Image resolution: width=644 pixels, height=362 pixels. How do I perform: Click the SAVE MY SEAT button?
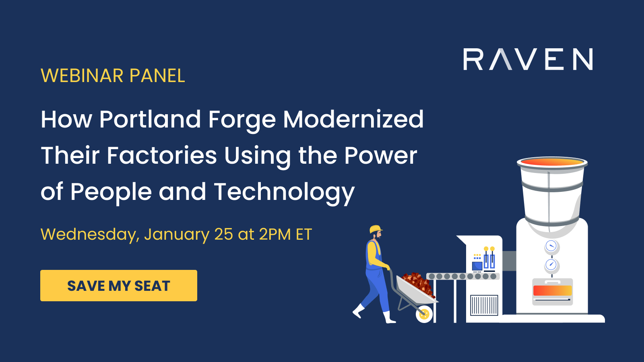pyautogui.click(x=119, y=286)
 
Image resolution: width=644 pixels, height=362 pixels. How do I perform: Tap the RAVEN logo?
pyautogui.click(x=528, y=60)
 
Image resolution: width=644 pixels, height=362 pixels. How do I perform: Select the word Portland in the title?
pyautogui.click(x=150, y=119)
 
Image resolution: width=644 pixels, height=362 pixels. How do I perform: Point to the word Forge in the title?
pyautogui.click(x=242, y=119)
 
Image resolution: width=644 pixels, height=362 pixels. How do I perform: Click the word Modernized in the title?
pyautogui.click(x=353, y=119)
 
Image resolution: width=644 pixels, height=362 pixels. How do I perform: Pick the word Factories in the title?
pyautogui.click(x=161, y=156)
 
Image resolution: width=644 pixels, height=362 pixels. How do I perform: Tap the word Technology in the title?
pyautogui.click(x=284, y=192)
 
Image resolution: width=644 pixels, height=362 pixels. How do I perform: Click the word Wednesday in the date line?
pyautogui.click(x=90, y=234)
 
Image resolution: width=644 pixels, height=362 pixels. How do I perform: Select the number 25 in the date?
pyautogui.click(x=223, y=234)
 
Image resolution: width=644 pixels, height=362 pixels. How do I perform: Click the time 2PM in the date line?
pyautogui.click(x=275, y=234)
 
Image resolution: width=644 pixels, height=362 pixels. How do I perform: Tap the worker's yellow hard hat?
pyautogui.click(x=376, y=229)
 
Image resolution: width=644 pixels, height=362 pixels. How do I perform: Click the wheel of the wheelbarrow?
pyautogui.click(x=424, y=314)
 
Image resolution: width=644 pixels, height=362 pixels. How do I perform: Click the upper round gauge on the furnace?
pyautogui.click(x=551, y=246)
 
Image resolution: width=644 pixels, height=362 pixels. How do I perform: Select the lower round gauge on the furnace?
pyautogui.click(x=551, y=265)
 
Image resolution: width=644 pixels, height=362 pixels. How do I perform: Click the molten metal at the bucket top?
pyautogui.click(x=552, y=162)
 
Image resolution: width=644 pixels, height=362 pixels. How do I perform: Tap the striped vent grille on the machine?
pyautogui.click(x=484, y=305)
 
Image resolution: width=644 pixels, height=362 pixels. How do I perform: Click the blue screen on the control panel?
pyautogui.click(x=477, y=266)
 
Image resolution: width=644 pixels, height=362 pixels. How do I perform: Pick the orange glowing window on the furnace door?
pyautogui.click(x=552, y=290)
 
